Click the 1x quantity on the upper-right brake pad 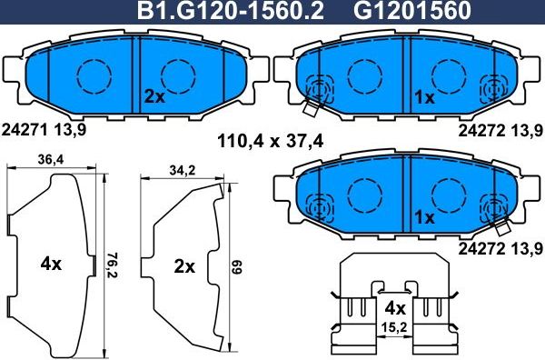pos(424,95)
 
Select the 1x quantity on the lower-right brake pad pos(424,217)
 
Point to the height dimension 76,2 pos(113,263)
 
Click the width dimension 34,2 pos(184,169)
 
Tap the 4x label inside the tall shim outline pos(51,265)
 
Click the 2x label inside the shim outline pos(184,266)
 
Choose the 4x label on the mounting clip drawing pos(394,306)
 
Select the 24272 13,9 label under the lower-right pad pos(500,248)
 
